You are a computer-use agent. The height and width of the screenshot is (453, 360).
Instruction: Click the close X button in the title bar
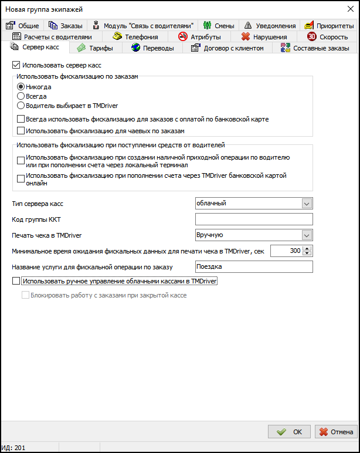345,9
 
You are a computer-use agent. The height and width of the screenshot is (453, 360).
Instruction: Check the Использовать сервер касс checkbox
16,65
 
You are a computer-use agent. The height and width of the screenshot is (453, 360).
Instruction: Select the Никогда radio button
21,87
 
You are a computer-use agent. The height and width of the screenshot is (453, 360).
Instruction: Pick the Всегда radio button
21,96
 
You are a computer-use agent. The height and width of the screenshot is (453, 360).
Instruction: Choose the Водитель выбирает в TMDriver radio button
21,106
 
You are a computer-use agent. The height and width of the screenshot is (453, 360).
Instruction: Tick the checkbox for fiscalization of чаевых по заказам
21,130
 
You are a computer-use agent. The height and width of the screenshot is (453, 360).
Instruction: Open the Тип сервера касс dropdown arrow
306,203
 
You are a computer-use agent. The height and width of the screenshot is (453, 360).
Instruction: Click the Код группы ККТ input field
254,219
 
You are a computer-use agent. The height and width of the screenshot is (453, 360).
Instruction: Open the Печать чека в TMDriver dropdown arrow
306,235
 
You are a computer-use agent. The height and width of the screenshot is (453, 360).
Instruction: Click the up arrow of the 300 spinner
308,248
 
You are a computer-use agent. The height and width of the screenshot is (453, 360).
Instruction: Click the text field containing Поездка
254,267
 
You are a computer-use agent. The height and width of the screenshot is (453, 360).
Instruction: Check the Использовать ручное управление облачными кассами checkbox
16,282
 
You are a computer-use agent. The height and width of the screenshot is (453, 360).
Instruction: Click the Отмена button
336,432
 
